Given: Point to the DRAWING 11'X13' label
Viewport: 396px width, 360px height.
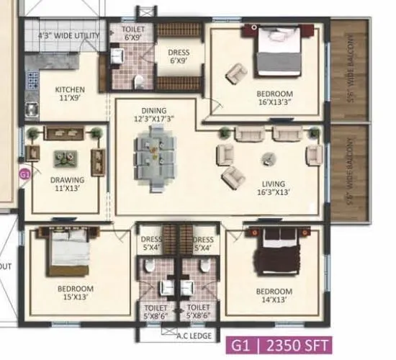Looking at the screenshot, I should point(66,184).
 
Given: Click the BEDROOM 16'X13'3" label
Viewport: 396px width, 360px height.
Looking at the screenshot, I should point(274,99).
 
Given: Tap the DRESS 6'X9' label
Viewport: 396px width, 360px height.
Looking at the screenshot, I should point(178,57).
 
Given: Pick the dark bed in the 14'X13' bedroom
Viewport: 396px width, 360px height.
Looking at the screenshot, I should point(270,253).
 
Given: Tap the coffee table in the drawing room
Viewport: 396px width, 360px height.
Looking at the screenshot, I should point(66,155).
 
